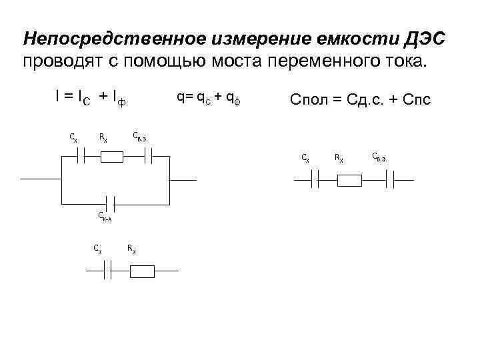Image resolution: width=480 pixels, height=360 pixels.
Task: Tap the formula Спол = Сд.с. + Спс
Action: (360, 100)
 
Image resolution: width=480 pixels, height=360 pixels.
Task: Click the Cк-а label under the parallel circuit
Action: (104, 217)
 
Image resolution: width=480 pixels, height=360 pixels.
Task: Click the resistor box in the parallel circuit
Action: (112, 157)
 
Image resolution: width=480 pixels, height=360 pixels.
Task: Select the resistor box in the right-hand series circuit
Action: (349, 180)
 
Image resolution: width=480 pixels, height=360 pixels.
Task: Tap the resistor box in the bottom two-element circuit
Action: (143, 271)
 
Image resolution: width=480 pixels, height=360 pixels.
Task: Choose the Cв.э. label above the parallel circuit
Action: (140, 137)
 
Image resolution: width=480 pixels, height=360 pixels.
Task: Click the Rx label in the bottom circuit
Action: (131, 249)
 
